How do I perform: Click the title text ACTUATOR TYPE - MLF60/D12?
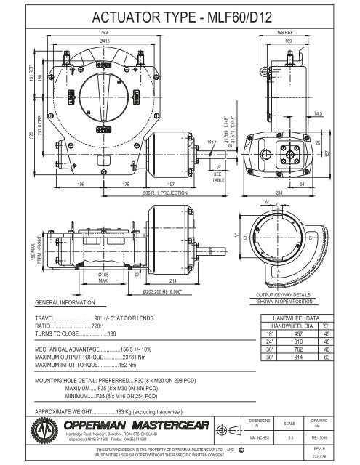(x=180, y=17)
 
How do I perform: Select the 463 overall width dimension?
(x=106, y=33)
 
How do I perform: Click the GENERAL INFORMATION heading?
(x=71, y=302)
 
